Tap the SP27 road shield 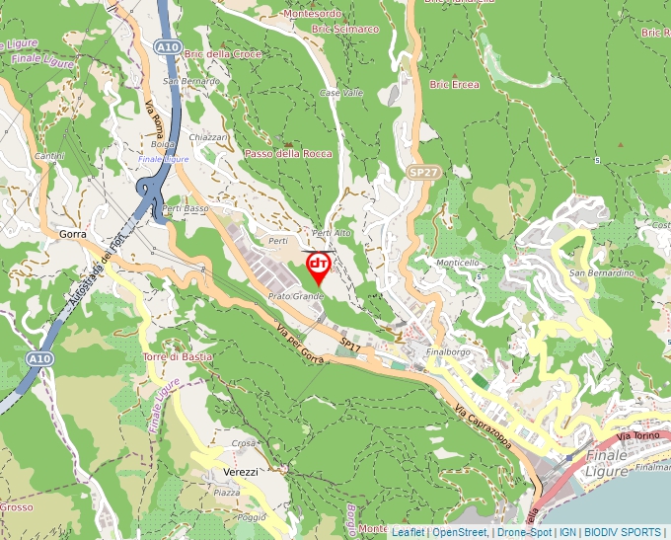422,173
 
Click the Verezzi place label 240,472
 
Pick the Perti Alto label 332,233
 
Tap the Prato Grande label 296,296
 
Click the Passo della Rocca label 288,154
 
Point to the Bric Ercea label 455,85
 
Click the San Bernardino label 600,272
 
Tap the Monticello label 458,263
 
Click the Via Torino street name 636,435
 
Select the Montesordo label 312,14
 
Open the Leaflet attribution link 408,532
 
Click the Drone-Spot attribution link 524,532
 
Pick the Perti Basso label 186,209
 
